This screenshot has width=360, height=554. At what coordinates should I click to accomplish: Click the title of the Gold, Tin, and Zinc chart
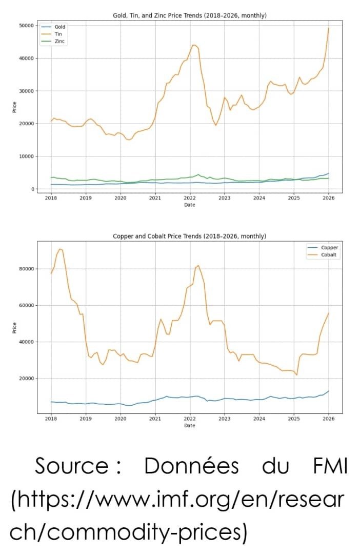tap(190, 16)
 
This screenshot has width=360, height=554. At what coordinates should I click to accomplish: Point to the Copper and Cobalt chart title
tap(190, 236)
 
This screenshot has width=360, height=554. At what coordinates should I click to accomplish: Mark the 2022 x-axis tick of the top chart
tap(190, 197)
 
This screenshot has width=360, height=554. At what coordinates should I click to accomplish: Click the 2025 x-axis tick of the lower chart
tap(294, 418)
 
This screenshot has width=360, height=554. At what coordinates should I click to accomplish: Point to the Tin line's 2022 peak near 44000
tap(193, 45)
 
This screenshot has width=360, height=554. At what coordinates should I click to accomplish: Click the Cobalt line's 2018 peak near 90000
tap(60, 249)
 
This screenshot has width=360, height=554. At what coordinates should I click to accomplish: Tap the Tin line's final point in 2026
tap(328, 28)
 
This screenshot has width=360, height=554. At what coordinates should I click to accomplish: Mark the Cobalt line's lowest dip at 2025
tap(296, 375)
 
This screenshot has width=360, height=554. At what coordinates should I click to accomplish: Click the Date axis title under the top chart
tap(190, 205)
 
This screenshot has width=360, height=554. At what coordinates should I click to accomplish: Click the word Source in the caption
tap(71, 466)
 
